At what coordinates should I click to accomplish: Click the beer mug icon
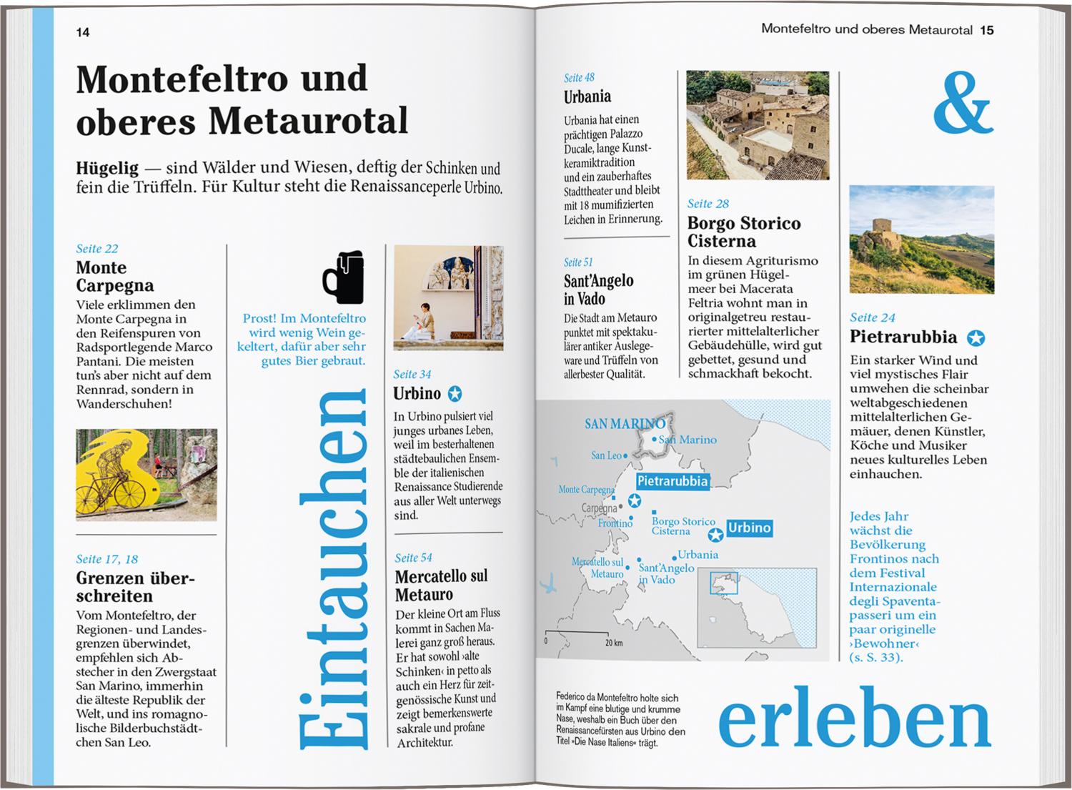click(x=343, y=277)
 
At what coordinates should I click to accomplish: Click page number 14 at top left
click(x=83, y=32)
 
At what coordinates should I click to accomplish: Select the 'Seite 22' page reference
click(x=97, y=249)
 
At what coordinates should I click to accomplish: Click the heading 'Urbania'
click(x=587, y=97)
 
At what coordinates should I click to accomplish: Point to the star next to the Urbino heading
click(x=455, y=394)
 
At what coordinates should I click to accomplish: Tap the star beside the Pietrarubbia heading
click(x=976, y=338)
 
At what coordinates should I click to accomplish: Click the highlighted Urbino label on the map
click(x=749, y=528)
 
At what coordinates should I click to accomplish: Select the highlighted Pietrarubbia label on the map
click(x=672, y=481)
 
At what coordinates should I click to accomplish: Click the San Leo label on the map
click(x=607, y=455)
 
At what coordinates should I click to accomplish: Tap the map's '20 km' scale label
click(x=613, y=643)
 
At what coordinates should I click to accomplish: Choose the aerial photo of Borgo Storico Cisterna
click(x=758, y=125)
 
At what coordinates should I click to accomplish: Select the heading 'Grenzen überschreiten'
click(x=135, y=587)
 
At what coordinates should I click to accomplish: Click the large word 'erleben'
click(x=854, y=719)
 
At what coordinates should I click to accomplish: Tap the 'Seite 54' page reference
click(x=413, y=558)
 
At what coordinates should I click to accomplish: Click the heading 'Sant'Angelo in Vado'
click(x=598, y=290)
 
